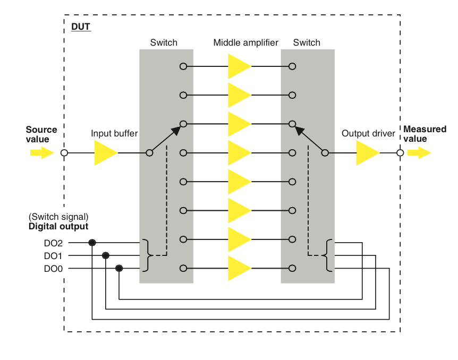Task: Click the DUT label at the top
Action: click(x=81, y=26)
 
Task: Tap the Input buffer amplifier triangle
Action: click(x=105, y=153)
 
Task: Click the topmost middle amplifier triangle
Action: click(x=239, y=66)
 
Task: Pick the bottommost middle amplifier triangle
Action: click(x=239, y=268)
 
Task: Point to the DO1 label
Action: click(x=53, y=256)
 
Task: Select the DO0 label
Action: click(x=53, y=269)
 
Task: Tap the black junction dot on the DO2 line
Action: click(x=92, y=243)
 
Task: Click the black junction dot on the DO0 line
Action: click(x=119, y=269)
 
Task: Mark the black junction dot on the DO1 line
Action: click(x=106, y=256)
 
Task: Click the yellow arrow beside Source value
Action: click(x=41, y=153)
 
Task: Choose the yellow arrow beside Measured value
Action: click(x=419, y=153)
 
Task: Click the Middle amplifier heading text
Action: click(x=246, y=42)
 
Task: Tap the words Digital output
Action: click(x=58, y=227)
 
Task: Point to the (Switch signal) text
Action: click(x=58, y=217)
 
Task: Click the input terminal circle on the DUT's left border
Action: click(x=64, y=153)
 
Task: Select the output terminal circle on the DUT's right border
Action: click(x=400, y=153)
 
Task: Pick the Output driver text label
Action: click(x=368, y=134)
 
